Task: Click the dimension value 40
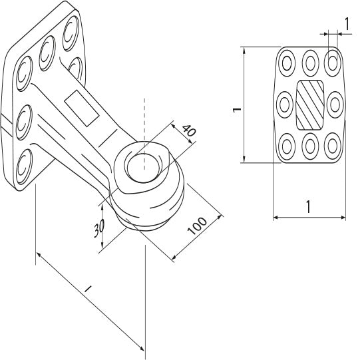188,132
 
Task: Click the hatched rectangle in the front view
309,104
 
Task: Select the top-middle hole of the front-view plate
310,63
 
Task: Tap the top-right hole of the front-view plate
333,63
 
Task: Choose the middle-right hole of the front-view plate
335,104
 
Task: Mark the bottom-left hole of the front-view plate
286,144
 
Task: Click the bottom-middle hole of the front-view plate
310,145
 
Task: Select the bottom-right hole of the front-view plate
333,144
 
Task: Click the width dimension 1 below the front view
308,206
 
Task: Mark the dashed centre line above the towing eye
142,120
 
